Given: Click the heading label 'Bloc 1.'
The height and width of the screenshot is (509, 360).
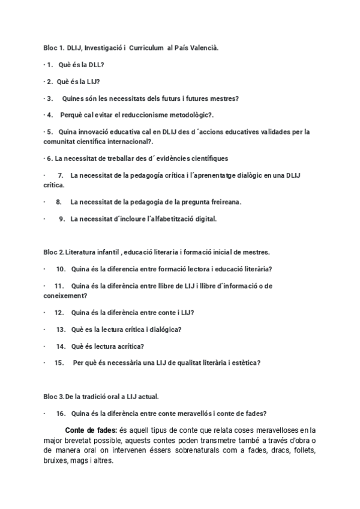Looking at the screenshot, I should (x=54, y=47).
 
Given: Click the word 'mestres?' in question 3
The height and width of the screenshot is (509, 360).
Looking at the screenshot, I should (x=223, y=98).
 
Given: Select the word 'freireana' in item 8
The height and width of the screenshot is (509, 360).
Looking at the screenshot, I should (x=223, y=202).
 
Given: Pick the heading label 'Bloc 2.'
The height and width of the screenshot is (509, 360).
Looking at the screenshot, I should (x=54, y=251).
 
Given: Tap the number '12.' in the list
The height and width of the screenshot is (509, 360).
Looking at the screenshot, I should (x=59, y=312).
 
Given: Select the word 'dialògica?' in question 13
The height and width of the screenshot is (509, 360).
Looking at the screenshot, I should (x=163, y=329).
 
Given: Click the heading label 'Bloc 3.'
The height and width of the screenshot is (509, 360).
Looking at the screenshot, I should (x=54, y=397).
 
